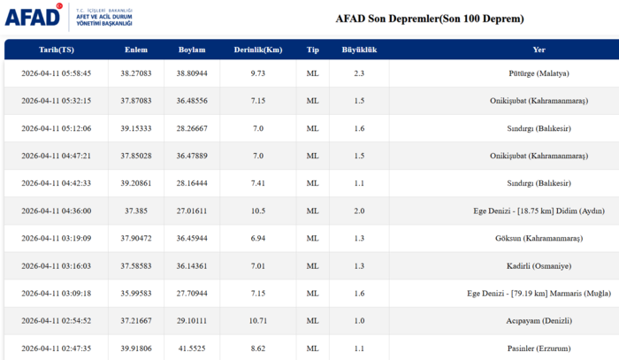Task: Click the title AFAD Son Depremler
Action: point(429,19)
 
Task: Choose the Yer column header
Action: point(539,50)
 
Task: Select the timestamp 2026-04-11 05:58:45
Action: point(57,73)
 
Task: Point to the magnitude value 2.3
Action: point(359,73)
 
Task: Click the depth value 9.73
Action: point(258,73)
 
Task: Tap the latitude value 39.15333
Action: point(136,128)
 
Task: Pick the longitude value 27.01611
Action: point(192,211)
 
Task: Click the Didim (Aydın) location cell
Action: point(539,211)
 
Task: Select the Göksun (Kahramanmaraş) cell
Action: point(539,239)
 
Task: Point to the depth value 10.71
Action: point(258,321)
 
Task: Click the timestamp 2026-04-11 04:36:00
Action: point(57,211)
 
